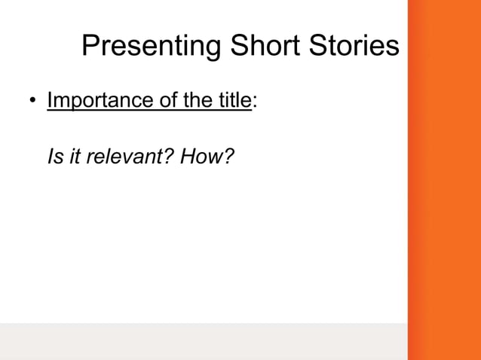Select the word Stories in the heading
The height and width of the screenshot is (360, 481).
tap(352, 47)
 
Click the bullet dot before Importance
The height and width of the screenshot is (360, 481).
tap(32, 102)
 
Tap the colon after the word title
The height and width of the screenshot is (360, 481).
tap(254, 102)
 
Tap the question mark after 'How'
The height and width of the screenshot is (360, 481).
tap(219, 157)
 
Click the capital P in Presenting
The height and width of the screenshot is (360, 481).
tap(90, 47)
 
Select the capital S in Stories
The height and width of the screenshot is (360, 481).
tap(315, 47)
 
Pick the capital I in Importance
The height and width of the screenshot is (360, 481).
tap(50, 100)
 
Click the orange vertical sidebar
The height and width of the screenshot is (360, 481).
tap(444, 180)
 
